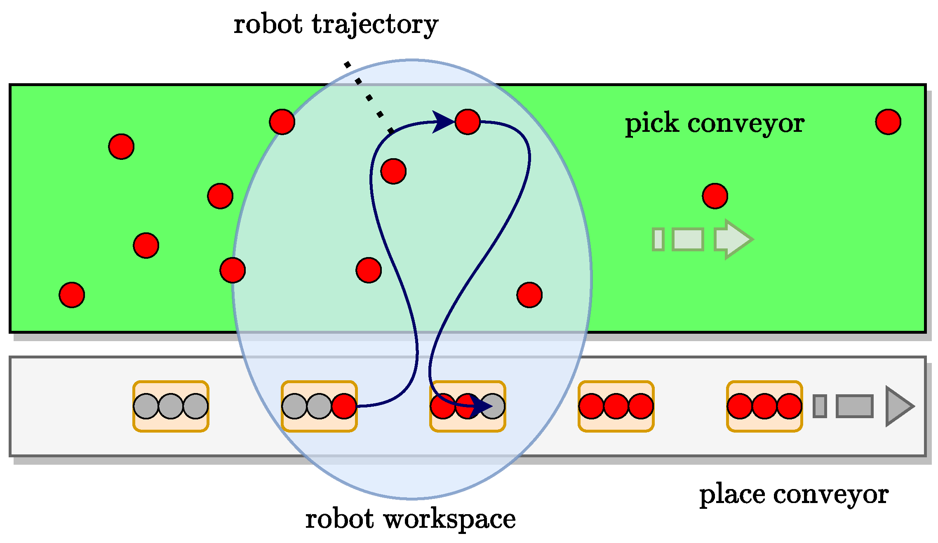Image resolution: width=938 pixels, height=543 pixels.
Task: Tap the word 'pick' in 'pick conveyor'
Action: tap(652, 123)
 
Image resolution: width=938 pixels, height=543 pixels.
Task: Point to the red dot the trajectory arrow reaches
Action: tap(468, 122)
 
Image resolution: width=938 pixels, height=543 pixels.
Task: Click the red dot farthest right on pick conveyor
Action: tap(888, 122)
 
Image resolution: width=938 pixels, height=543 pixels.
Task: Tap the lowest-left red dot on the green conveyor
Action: tap(72, 295)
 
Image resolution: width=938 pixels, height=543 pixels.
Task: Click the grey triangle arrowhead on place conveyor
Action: tap(899, 406)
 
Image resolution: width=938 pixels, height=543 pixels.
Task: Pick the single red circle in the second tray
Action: tap(344, 406)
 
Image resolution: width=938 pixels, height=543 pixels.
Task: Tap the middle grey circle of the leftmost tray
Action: tap(171, 406)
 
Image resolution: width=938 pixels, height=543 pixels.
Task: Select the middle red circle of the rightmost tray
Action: tap(764, 406)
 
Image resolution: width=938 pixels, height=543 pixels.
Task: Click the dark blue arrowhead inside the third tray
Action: tap(480, 406)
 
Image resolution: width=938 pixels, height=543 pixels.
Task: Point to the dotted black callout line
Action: tap(369, 98)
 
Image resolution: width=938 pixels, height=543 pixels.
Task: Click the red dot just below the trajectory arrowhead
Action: tap(393, 171)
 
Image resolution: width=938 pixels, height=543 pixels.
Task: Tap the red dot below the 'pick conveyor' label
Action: tap(715, 196)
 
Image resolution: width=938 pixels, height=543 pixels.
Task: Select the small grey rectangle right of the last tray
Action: tap(820, 406)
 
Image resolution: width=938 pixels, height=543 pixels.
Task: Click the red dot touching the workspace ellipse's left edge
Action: tap(233, 270)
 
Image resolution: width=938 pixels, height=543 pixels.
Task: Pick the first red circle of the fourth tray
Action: tap(591, 406)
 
